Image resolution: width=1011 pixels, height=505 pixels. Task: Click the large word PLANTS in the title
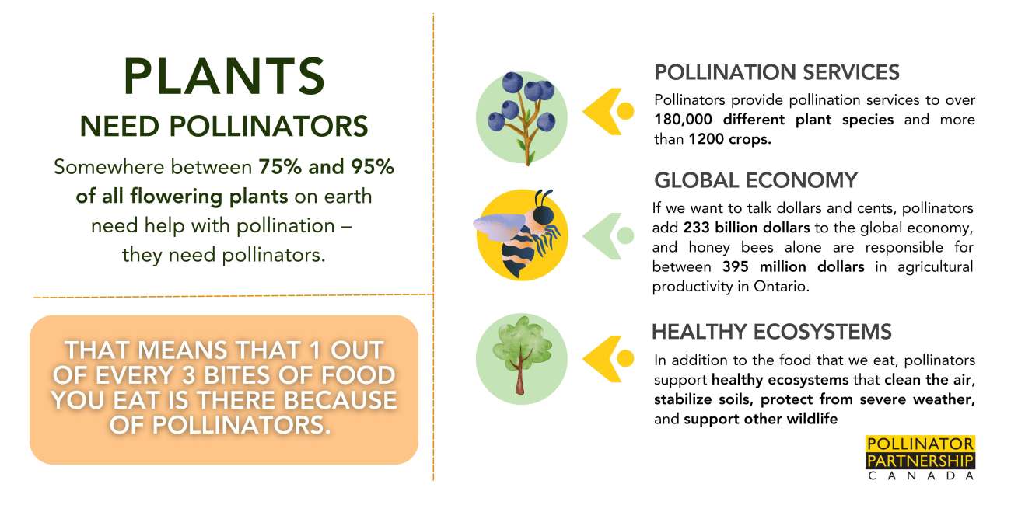click(x=224, y=76)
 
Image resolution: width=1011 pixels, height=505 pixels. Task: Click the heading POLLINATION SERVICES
click(x=777, y=72)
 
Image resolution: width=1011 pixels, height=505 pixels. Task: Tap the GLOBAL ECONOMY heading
click(x=756, y=180)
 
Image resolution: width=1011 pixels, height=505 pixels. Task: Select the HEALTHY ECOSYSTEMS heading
click(x=771, y=332)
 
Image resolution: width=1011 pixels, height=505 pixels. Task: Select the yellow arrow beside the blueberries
click(x=608, y=111)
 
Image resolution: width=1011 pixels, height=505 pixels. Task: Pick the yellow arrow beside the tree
click(x=608, y=359)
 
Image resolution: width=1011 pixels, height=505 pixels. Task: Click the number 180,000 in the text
click(x=684, y=120)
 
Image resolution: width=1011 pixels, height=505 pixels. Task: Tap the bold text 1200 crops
click(x=729, y=139)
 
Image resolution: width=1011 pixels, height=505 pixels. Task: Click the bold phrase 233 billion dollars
click(x=747, y=228)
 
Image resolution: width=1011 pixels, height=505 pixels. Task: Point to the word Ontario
click(x=782, y=287)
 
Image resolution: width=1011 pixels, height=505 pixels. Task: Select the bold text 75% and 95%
click(x=327, y=167)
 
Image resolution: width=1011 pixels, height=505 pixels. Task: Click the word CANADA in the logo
click(x=921, y=476)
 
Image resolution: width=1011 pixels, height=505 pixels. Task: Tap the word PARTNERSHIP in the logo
click(x=920, y=461)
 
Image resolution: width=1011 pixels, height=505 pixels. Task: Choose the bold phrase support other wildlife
click(x=761, y=420)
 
